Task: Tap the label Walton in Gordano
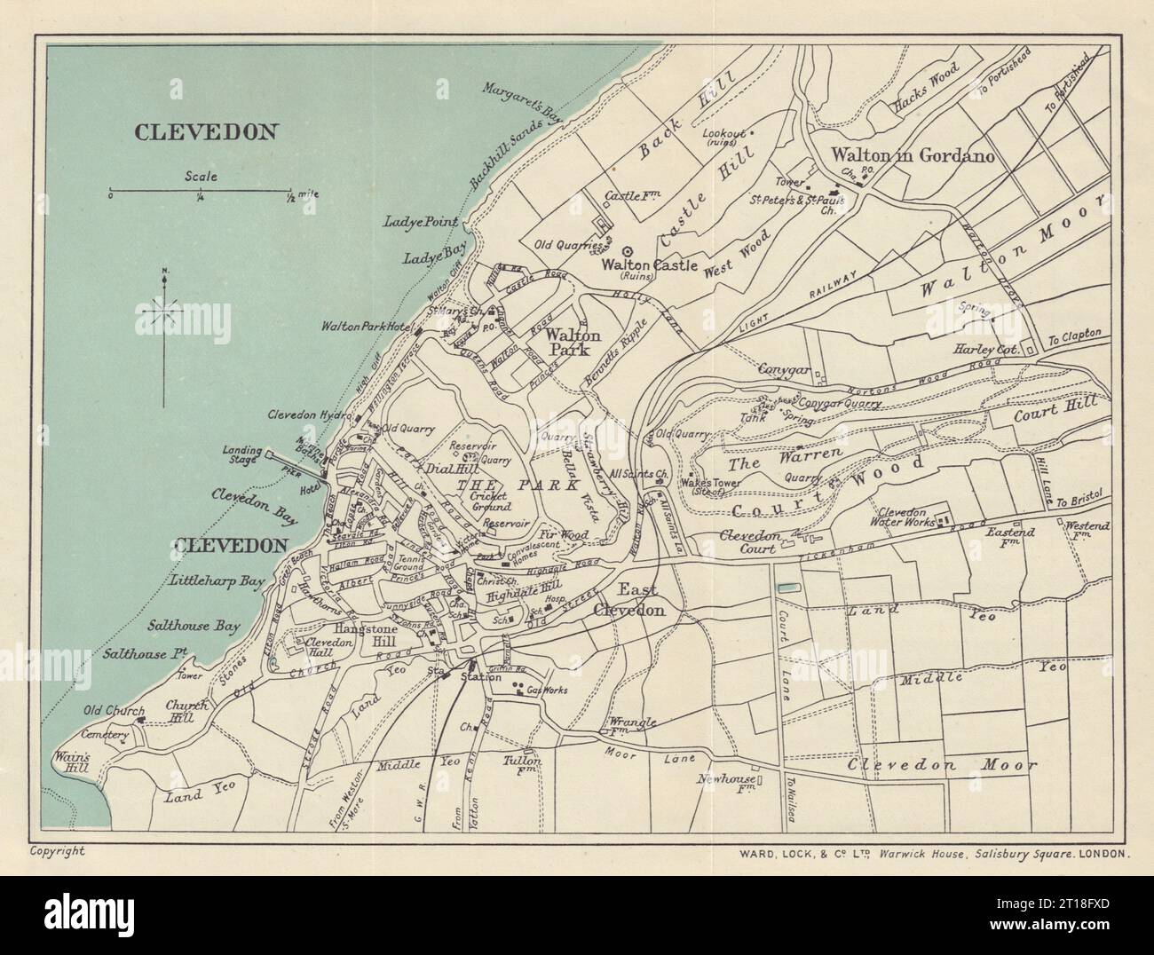(912, 155)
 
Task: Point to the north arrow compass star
(165, 312)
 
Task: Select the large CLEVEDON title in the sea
(207, 131)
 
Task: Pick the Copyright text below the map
(58, 850)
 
